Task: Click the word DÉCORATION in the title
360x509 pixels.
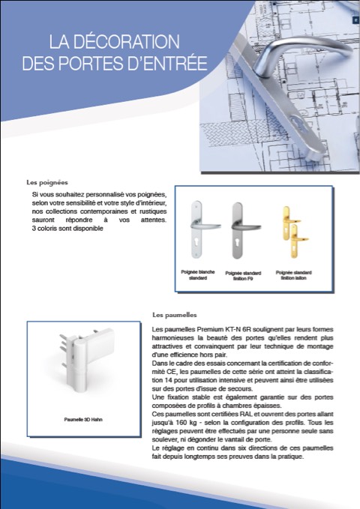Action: click(x=127, y=41)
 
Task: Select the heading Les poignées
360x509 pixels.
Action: click(x=47, y=182)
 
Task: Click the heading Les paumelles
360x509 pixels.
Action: click(x=175, y=315)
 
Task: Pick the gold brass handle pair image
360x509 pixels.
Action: click(x=294, y=231)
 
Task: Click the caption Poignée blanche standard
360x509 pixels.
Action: click(x=198, y=275)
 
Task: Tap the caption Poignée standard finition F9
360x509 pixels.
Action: click(x=243, y=276)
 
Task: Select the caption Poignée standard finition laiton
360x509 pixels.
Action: click(x=294, y=275)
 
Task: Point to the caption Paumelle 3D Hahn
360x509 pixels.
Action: click(x=83, y=419)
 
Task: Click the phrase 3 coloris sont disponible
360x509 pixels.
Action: click(x=67, y=228)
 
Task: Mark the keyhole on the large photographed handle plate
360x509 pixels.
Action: click(x=297, y=124)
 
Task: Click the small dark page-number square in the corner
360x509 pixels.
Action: click(x=355, y=19)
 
